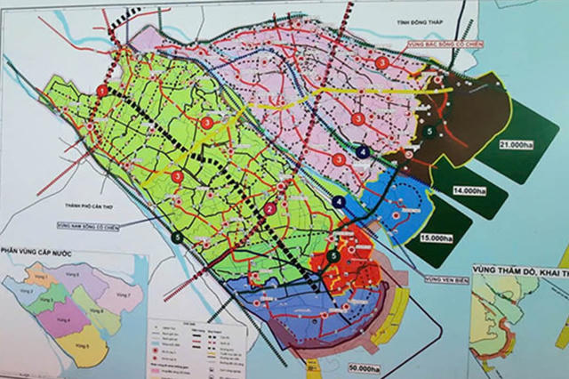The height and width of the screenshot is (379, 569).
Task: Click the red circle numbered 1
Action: click(102, 91)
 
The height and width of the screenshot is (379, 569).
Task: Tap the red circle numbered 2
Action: click(268, 209)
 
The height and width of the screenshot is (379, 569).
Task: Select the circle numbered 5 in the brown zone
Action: click(430, 131)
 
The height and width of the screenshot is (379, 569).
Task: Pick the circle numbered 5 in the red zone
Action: click(333, 256)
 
